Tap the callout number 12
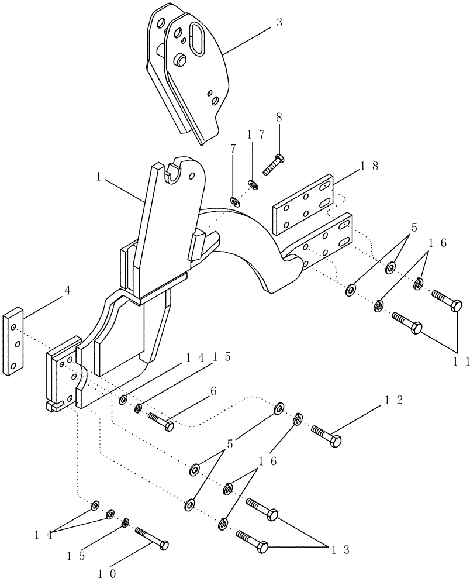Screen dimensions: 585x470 click(x=391, y=401)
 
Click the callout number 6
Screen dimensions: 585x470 click(x=233, y=149)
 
